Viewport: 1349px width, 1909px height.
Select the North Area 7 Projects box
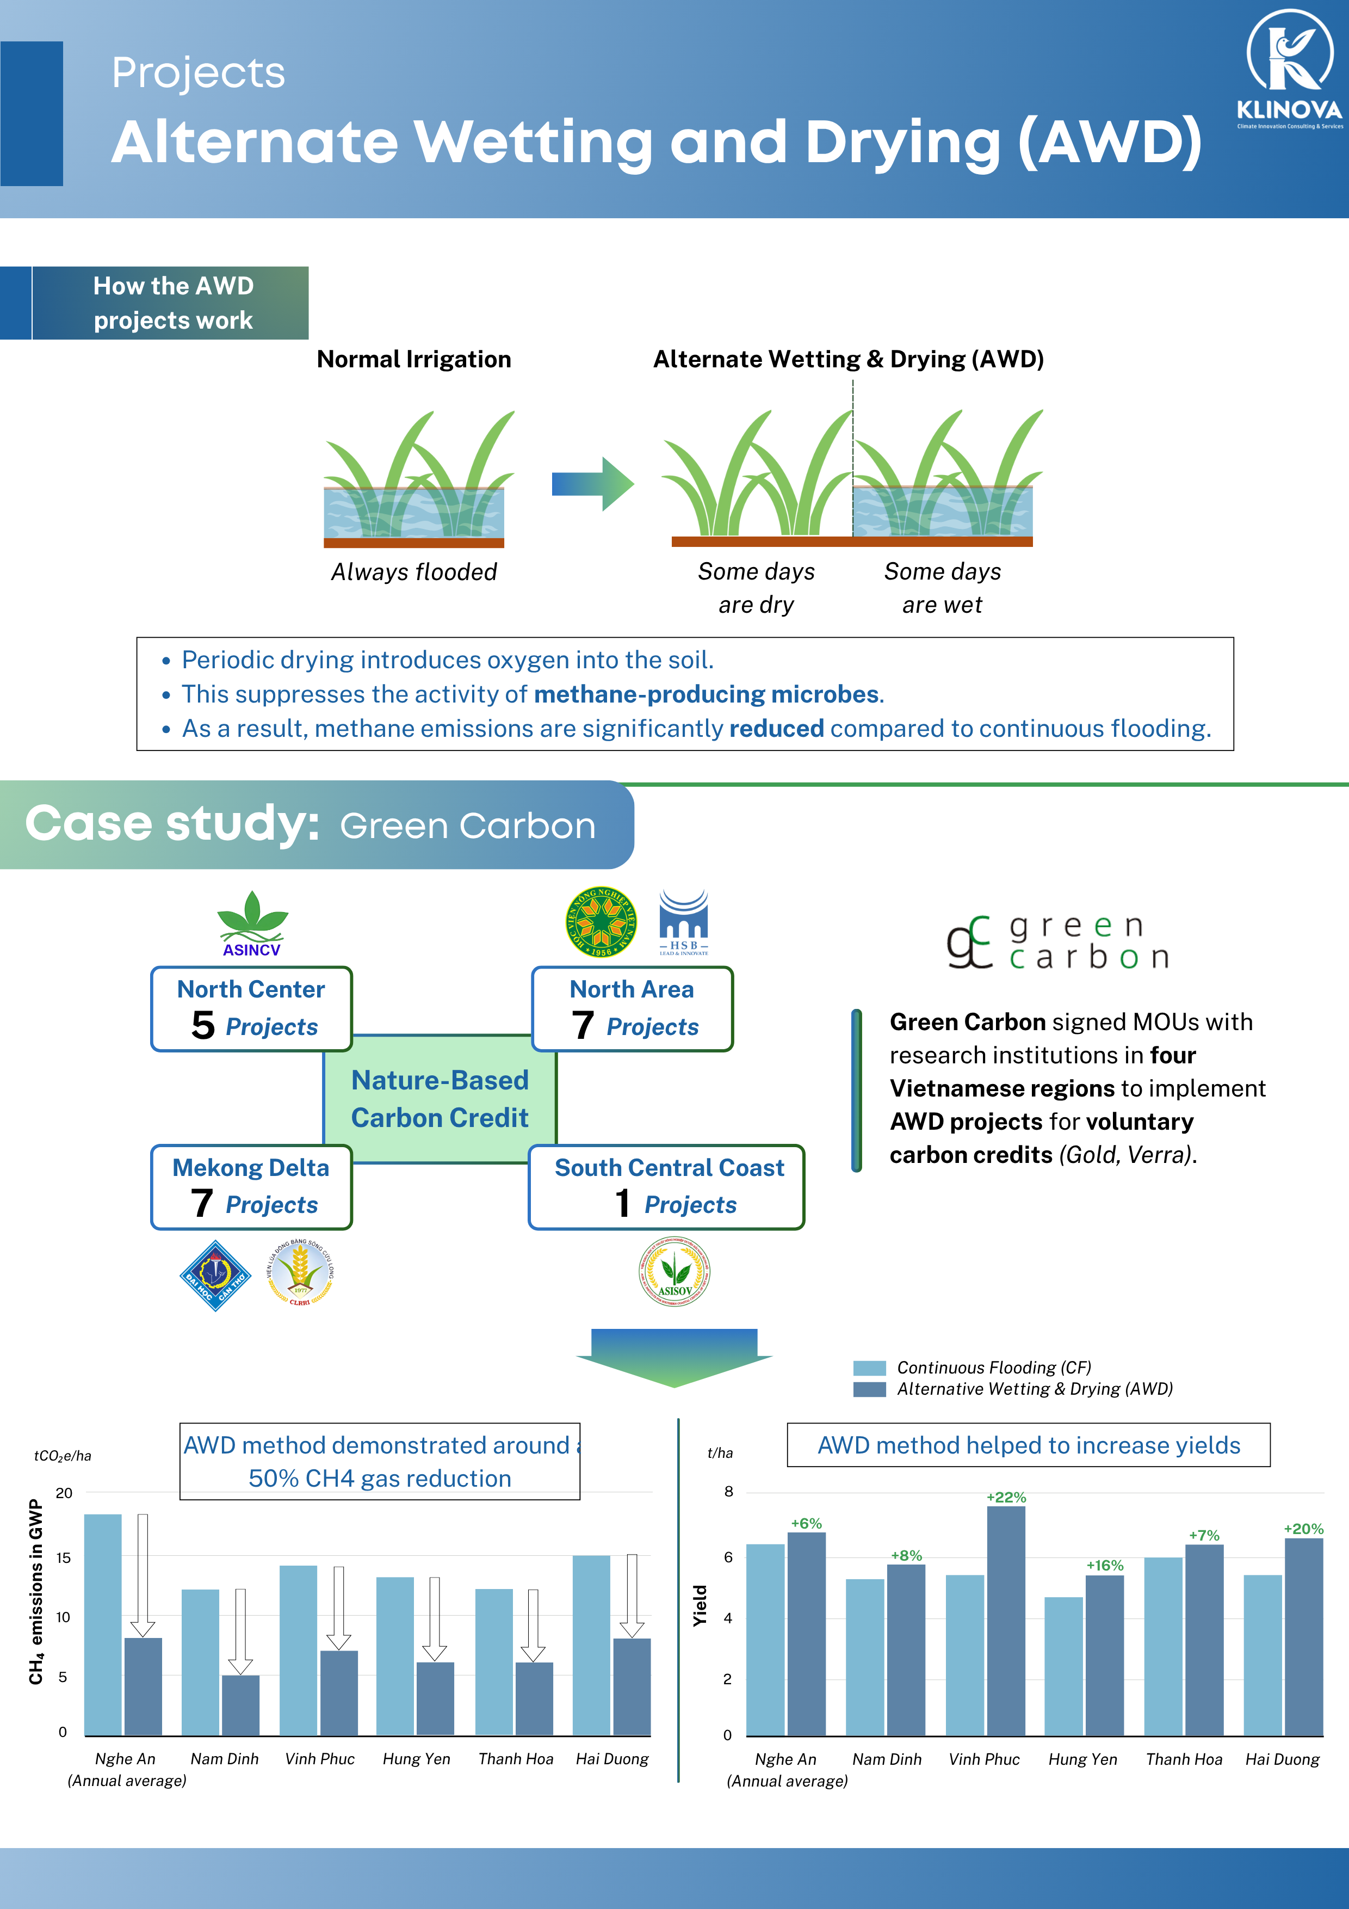tap(632, 1008)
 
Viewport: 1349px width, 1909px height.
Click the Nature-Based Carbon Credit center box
tap(440, 1098)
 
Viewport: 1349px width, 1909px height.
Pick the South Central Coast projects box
tap(666, 1186)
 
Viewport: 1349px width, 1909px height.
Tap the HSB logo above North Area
tap(683, 922)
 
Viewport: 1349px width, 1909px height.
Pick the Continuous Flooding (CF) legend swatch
tap(869, 1368)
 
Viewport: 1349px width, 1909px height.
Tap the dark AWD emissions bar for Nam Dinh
tap(240, 1704)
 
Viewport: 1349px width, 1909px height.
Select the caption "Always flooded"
tap(414, 572)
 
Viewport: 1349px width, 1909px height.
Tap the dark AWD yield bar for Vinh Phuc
tap(1006, 1621)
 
